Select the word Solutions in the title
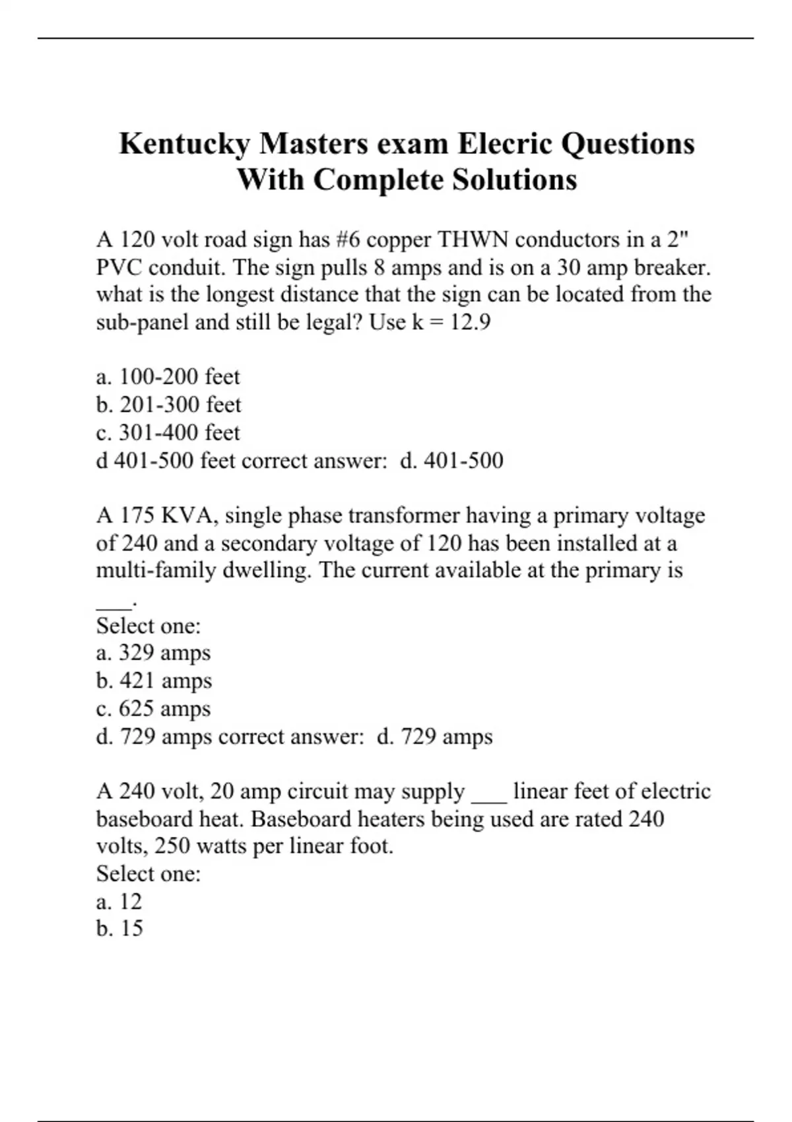514,180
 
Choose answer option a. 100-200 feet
168,377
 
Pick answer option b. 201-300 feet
168,405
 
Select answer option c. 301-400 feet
168,432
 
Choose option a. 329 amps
153,653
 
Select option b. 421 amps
154,680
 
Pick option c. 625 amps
153,708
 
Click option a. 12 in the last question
119,901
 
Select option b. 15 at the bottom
119,929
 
